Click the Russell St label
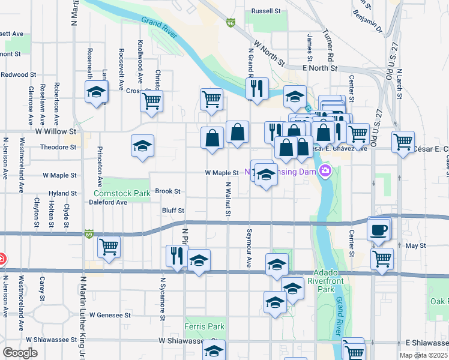click(x=266, y=11)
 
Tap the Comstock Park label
click(x=122, y=194)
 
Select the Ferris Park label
click(x=205, y=327)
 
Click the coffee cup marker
click(x=378, y=230)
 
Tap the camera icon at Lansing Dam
click(x=326, y=172)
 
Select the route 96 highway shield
click(x=231, y=23)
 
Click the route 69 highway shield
click(x=89, y=233)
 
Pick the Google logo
click(x=20, y=352)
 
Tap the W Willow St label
click(x=56, y=130)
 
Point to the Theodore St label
click(x=55, y=147)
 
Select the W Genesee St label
click(x=110, y=314)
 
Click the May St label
click(x=415, y=245)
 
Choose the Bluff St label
click(x=173, y=211)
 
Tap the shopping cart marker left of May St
click(x=109, y=246)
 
